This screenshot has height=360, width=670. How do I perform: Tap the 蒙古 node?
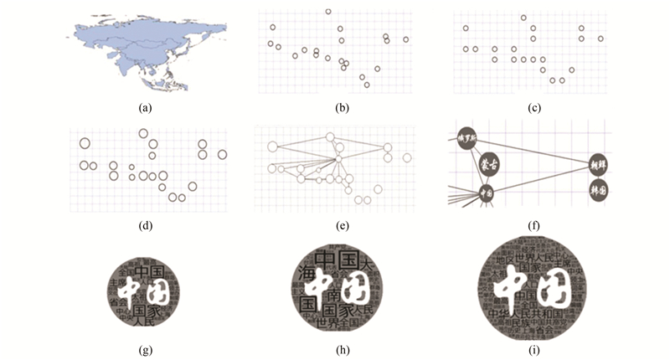tap(487, 163)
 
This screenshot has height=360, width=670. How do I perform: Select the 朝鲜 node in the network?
tap(598, 164)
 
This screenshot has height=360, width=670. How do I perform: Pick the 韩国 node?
tap(600, 190)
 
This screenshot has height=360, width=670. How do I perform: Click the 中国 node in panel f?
tap(486, 193)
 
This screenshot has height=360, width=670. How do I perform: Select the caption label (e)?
tap(342, 225)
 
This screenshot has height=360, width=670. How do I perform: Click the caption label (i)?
tap(535, 345)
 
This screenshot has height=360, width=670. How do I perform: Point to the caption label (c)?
tap(535, 108)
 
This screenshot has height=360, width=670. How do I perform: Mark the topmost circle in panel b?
tap(328, 12)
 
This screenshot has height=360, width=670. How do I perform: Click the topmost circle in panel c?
tap(523, 18)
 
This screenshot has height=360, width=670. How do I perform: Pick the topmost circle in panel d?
tap(143, 133)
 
